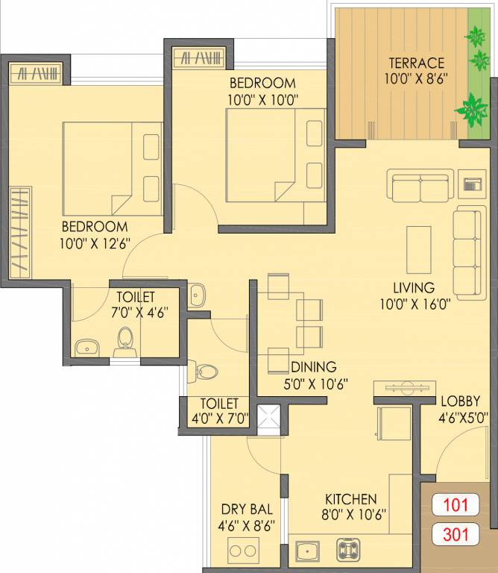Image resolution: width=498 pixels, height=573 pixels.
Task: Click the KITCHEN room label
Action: pyautogui.click(x=350, y=499)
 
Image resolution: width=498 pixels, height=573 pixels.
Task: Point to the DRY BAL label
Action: pyautogui.click(x=247, y=510)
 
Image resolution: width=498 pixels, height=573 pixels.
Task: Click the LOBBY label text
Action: pyautogui.click(x=458, y=401)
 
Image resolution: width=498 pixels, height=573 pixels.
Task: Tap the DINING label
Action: pyautogui.click(x=313, y=367)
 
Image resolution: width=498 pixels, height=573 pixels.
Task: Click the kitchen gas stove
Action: pyautogui.click(x=349, y=550)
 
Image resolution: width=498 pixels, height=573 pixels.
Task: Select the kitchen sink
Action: pyautogui.click(x=306, y=551)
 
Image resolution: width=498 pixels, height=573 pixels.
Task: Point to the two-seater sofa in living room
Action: pyautogui.click(x=420, y=186)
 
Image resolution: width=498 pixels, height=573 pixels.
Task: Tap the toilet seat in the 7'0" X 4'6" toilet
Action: pyautogui.click(x=125, y=342)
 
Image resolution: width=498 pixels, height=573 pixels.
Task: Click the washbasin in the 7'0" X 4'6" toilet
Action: pyautogui.click(x=88, y=346)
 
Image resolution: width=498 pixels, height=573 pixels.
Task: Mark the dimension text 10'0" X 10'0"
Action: pyautogui.click(x=262, y=97)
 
